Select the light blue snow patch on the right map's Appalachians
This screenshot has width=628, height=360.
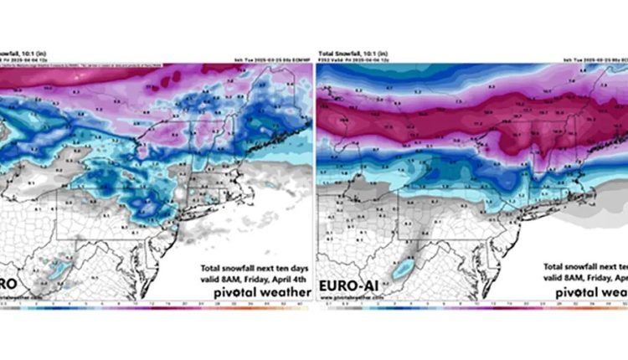pyautogui.click(x=406, y=270)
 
